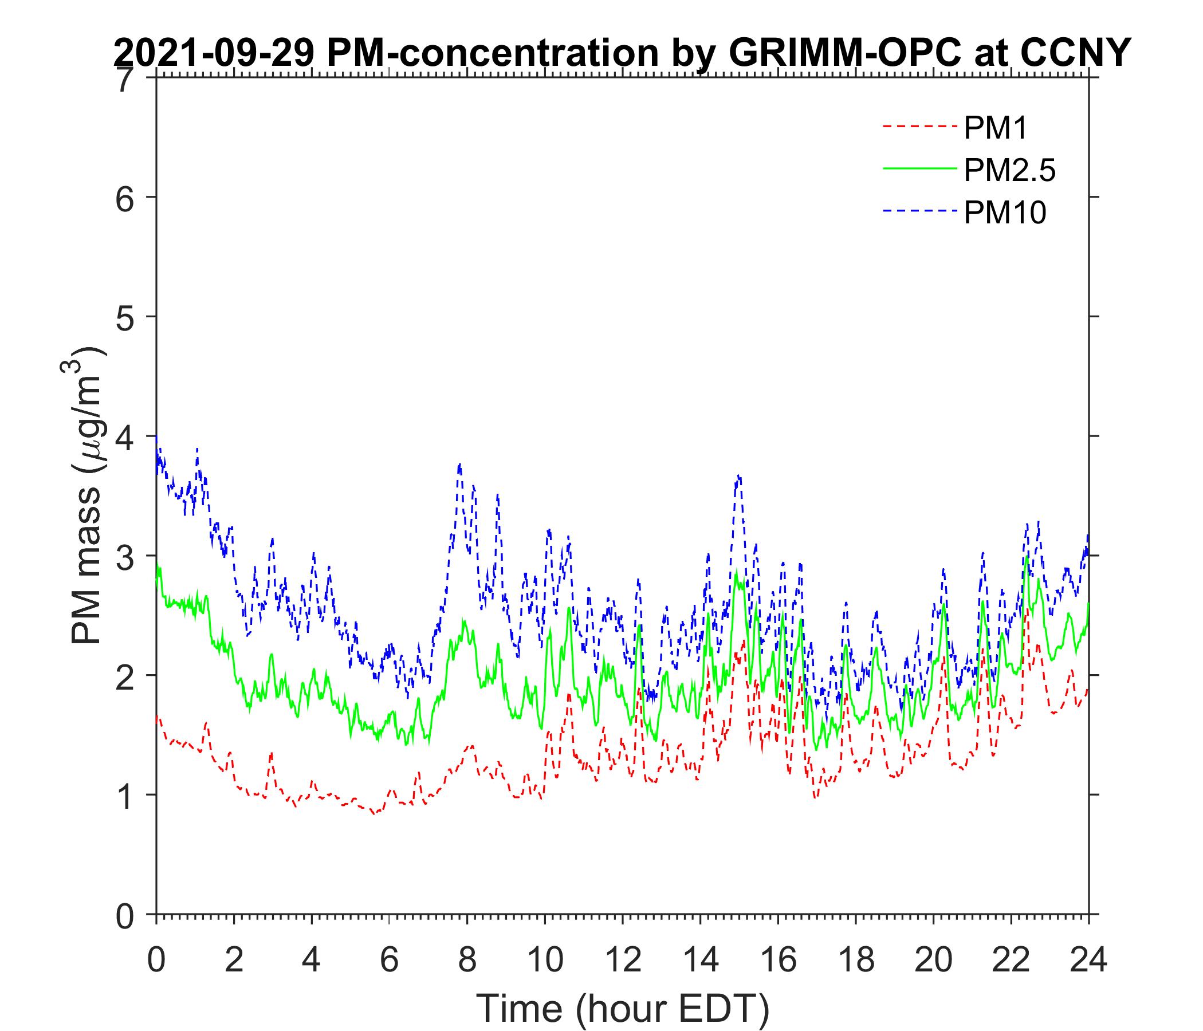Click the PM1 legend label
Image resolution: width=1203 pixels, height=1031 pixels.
(x=995, y=128)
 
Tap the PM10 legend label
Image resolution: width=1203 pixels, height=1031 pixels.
(x=1004, y=213)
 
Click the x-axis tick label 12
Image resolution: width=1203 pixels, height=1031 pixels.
(x=622, y=961)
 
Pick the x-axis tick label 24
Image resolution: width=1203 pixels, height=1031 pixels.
(x=1088, y=961)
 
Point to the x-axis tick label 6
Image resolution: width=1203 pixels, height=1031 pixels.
(x=389, y=961)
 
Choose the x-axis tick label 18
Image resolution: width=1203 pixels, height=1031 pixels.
(x=855, y=961)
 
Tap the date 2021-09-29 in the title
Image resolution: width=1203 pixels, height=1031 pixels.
(x=214, y=53)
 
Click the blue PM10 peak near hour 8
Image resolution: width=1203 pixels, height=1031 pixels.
(x=460, y=465)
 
